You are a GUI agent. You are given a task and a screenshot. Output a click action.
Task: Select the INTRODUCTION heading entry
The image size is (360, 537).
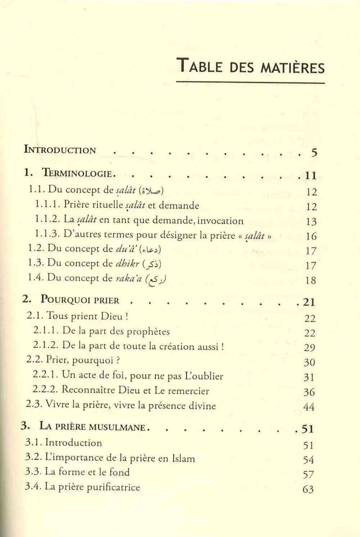[x=60, y=150]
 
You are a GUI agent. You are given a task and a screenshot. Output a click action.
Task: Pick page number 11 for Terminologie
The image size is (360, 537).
[x=310, y=176]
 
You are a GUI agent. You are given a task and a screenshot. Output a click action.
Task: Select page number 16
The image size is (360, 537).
[x=311, y=236]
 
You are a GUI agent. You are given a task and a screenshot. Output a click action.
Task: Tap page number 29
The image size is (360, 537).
[x=309, y=347]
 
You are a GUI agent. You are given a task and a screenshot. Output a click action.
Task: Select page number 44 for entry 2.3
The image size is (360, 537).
[x=309, y=407]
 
